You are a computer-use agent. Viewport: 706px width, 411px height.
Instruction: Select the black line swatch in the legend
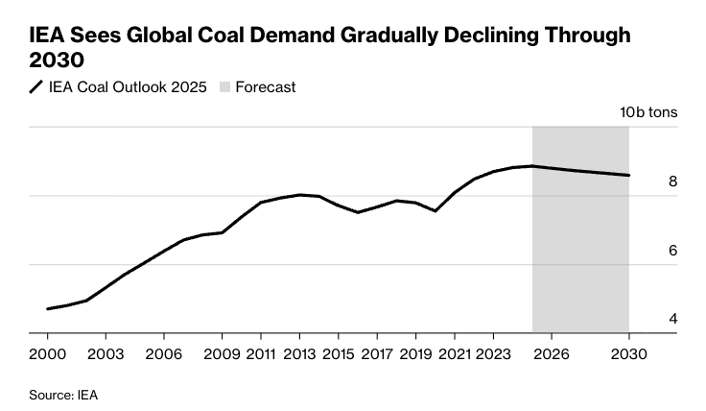pos(36,86)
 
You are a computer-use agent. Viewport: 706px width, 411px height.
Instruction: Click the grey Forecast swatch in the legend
pos(225,86)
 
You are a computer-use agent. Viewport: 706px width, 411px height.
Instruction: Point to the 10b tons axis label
pos(649,112)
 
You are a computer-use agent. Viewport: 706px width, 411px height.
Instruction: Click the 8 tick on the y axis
pos(672,181)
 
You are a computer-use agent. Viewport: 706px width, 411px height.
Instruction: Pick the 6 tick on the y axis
pos(672,251)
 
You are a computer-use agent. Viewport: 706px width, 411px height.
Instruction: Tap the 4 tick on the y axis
pos(672,319)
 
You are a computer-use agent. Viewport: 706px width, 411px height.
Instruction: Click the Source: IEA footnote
pos(63,395)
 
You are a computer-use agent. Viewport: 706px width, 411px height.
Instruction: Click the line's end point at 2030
pos(628,176)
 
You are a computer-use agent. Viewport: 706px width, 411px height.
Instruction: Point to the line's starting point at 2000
pos(47,309)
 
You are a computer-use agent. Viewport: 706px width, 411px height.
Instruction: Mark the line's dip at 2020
pos(435,210)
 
